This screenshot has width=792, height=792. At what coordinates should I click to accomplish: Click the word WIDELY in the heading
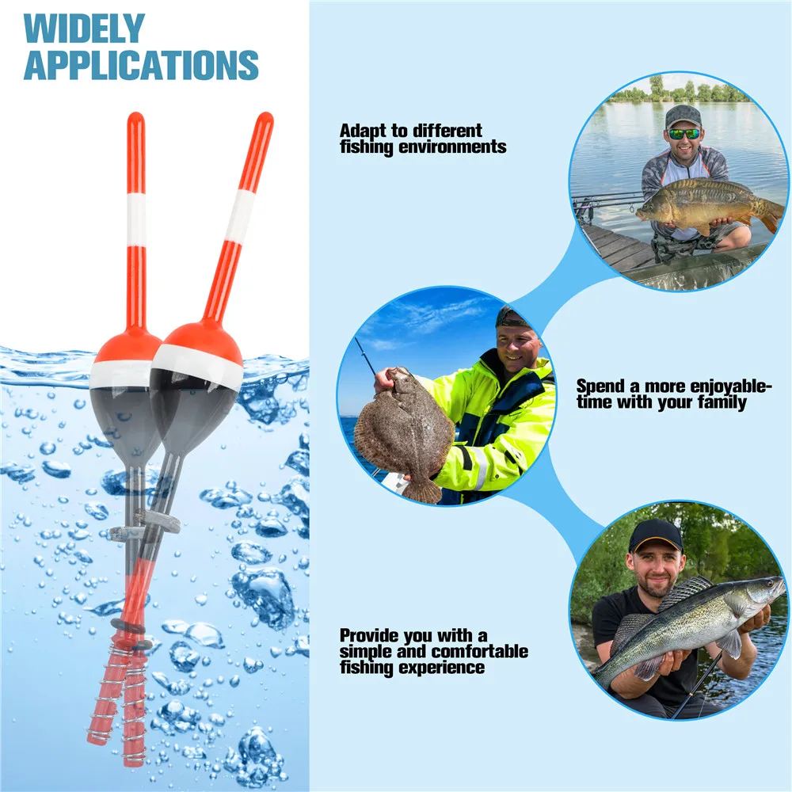85,29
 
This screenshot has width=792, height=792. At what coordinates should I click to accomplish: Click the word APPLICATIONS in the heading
141,64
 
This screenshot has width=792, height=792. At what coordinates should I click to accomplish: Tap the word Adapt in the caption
364,131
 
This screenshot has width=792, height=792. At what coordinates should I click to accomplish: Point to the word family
722,402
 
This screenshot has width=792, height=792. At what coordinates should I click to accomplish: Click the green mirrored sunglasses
684,134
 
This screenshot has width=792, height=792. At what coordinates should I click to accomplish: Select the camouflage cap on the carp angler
683,116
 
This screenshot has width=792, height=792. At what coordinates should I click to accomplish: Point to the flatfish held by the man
402,433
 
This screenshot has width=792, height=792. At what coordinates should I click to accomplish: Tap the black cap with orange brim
656,536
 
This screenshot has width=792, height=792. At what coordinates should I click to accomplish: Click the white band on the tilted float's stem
239,215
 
